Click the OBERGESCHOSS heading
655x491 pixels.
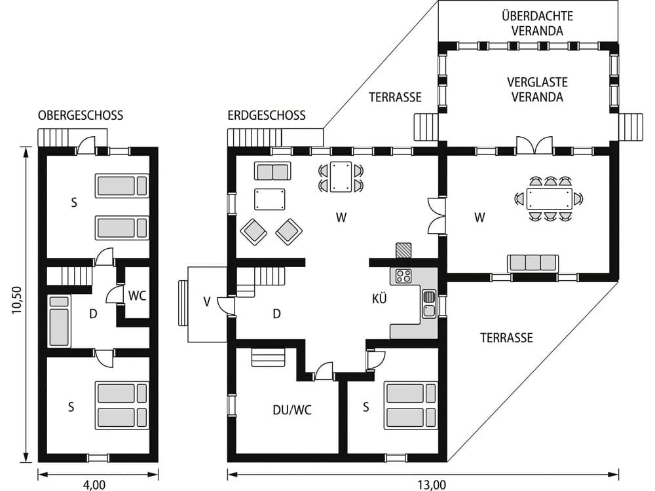pos(81,116)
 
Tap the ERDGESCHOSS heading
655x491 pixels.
pos(267,116)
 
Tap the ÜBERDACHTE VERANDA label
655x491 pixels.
pos(532,22)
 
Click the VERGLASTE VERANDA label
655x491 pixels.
pos(537,90)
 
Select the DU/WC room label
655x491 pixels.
pos(291,410)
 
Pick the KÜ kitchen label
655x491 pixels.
pos(379,299)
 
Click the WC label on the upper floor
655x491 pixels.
pos(137,295)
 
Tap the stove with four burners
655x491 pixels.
pos(403,276)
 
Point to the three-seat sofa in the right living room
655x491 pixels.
pos(533,263)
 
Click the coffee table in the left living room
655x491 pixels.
pos(270,199)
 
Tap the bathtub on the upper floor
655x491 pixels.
pos(59,321)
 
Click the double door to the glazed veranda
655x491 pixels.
pos(534,145)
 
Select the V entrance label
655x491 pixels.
pos(207,302)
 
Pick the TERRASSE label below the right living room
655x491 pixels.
pos(506,338)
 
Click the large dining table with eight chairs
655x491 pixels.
pos(549,198)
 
